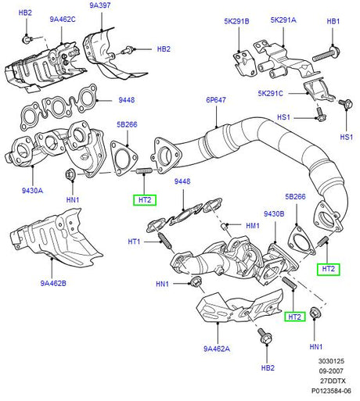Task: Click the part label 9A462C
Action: tap(63, 20)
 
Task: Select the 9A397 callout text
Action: tap(100, 5)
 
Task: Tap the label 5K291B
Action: tap(236, 21)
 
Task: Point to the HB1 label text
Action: tap(333, 21)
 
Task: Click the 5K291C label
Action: tap(270, 93)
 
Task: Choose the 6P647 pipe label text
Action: tap(216, 100)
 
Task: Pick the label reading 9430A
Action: tap(32, 191)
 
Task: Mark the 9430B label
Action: tap(274, 214)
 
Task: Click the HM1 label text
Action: tap(253, 226)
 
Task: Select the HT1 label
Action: tap(134, 242)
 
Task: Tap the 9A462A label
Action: tap(217, 349)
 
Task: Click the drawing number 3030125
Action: tap(331, 361)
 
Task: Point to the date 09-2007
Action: tap(331, 371)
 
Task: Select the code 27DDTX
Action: tap(333, 381)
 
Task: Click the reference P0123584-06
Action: tap(331, 391)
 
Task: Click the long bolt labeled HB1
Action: tap(326, 55)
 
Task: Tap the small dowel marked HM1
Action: tap(224, 226)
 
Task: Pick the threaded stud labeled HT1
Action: tap(164, 240)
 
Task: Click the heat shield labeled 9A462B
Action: tap(56, 238)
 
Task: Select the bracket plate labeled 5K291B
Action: tap(244, 63)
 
